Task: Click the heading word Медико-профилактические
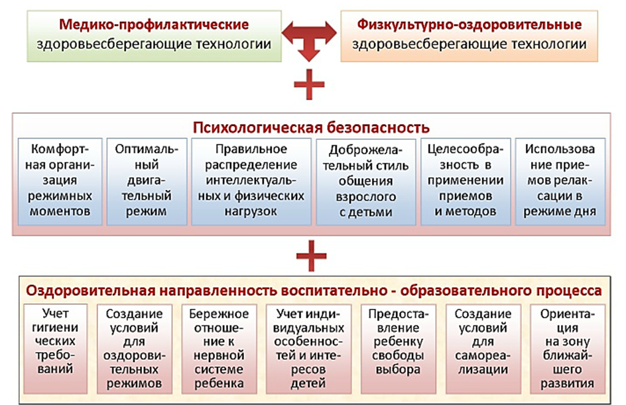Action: click(x=154, y=25)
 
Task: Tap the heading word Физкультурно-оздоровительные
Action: click(x=469, y=25)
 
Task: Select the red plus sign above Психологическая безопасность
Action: click(x=310, y=84)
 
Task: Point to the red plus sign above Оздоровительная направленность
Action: click(x=312, y=256)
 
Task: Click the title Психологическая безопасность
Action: click(x=311, y=128)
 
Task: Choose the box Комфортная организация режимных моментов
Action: click(x=60, y=182)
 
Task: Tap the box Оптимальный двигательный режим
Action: click(x=147, y=182)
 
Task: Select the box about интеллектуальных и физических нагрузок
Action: click(x=251, y=182)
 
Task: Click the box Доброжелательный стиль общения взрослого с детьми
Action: click(x=365, y=182)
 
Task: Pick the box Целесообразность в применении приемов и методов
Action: click(x=466, y=182)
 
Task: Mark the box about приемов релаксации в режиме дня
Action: click(x=560, y=182)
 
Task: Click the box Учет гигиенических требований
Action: click(x=55, y=349)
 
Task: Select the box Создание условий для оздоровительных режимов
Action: click(x=134, y=349)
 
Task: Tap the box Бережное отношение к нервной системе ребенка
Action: click(x=219, y=349)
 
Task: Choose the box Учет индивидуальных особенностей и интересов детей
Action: click(x=308, y=349)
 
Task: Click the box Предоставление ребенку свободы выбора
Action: click(x=398, y=349)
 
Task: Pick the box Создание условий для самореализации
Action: click(x=483, y=349)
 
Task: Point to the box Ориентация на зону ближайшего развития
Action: click(x=568, y=349)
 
